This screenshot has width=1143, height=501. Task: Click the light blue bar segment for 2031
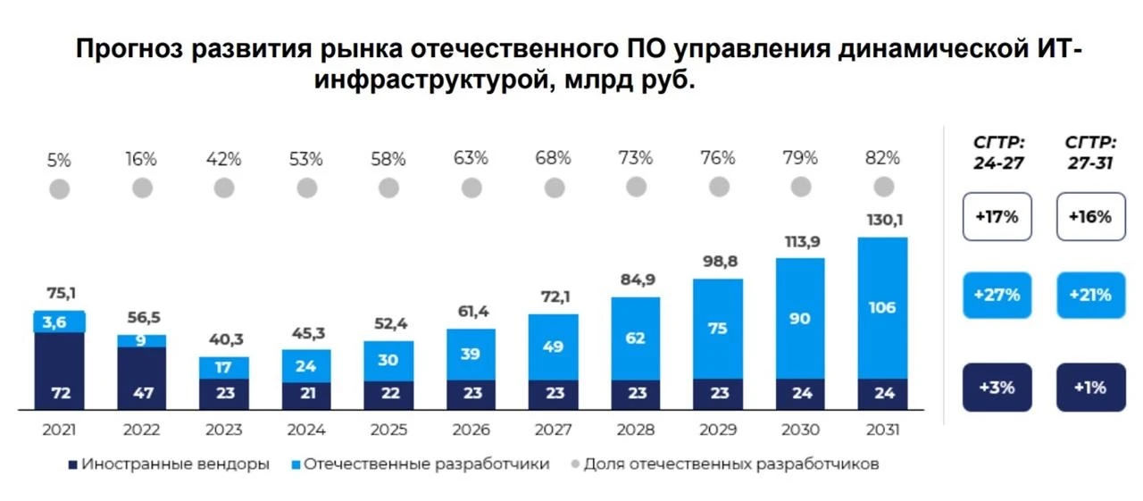tap(882, 307)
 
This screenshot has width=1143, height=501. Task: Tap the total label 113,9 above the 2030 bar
tap(800, 241)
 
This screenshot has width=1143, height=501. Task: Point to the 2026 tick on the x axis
tap(471, 430)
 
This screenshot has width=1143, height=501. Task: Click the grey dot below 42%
tap(224, 188)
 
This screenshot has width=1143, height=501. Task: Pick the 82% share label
tap(883, 159)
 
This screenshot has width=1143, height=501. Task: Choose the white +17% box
tap(997, 216)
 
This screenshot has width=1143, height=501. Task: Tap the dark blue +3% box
tap(997, 388)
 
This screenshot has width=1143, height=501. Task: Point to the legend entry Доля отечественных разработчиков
tap(722, 464)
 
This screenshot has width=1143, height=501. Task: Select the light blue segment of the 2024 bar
tap(306, 364)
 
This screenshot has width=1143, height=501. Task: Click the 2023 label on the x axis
tap(223, 430)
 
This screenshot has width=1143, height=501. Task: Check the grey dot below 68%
tap(554, 188)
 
